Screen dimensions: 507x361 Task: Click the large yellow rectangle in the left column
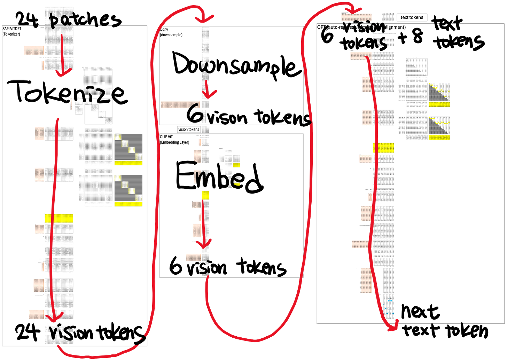pos(59,218)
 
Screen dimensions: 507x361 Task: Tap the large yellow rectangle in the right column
pos(384,148)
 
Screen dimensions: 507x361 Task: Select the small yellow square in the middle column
pos(205,195)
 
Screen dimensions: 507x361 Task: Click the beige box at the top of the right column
pos(356,18)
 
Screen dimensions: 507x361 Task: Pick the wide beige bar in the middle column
pos(180,105)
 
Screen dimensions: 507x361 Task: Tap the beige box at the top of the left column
pos(34,50)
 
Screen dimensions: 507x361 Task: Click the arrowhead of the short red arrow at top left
pos(63,73)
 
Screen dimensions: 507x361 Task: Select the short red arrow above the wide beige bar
pos(208,89)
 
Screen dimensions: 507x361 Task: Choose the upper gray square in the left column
pos(128,147)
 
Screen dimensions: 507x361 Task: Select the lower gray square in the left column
pos(128,188)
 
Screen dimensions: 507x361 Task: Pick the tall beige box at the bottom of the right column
pos(366,280)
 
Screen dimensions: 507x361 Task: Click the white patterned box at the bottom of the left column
pos(59,328)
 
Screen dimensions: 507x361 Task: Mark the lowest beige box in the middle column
pos(194,258)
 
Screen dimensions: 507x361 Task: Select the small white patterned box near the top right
pos(389,42)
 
